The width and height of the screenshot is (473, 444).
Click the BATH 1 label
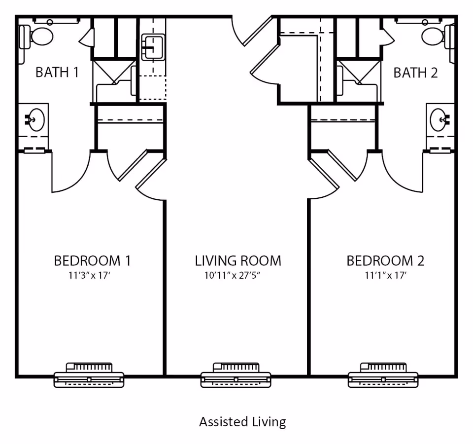click(x=57, y=73)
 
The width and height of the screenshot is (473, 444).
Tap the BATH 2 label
click(x=415, y=73)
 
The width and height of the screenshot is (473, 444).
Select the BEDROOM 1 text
click(x=92, y=260)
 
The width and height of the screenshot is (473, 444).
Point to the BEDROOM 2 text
click(x=385, y=260)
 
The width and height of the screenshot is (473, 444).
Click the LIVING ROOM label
click(x=238, y=260)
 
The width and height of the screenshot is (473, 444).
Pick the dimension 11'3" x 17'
click(x=89, y=275)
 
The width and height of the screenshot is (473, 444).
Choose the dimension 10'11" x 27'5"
click(x=232, y=275)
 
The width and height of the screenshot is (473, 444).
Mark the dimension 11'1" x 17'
click(x=385, y=275)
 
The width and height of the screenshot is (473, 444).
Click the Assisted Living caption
click(x=242, y=422)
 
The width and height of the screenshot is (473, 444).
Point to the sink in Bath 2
click(x=439, y=119)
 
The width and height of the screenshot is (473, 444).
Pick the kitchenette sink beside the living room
click(x=153, y=47)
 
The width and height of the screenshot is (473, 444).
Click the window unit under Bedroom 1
click(x=89, y=375)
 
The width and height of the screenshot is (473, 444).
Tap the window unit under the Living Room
click(x=236, y=375)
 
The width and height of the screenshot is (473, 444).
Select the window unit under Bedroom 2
click(x=383, y=375)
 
